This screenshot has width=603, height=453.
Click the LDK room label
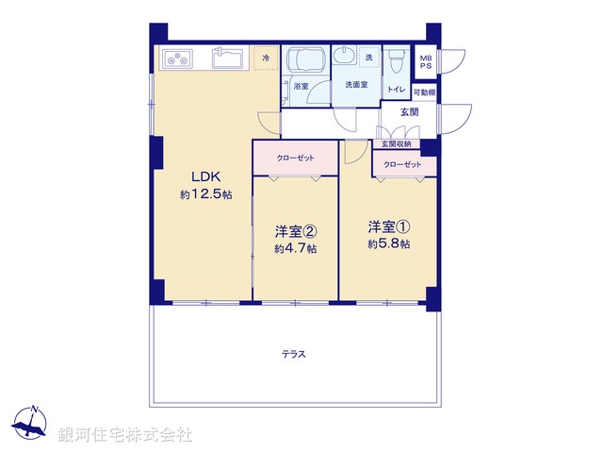[205, 176]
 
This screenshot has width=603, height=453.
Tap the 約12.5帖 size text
[205, 194]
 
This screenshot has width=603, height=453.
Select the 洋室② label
[294, 231]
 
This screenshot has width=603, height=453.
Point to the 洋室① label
[388, 226]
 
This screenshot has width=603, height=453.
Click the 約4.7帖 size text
[294, 249]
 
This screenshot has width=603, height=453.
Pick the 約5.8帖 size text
[388, 244]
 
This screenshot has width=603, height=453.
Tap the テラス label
[293, 355]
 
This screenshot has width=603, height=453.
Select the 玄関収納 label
[396, 144]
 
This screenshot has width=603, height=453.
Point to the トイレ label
[396, 90]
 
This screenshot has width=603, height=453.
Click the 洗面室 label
[355, 85]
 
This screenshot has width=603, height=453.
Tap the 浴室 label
[301, 86]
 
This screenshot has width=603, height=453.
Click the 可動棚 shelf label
[424, 92]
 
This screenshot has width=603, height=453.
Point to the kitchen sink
[229, 59]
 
